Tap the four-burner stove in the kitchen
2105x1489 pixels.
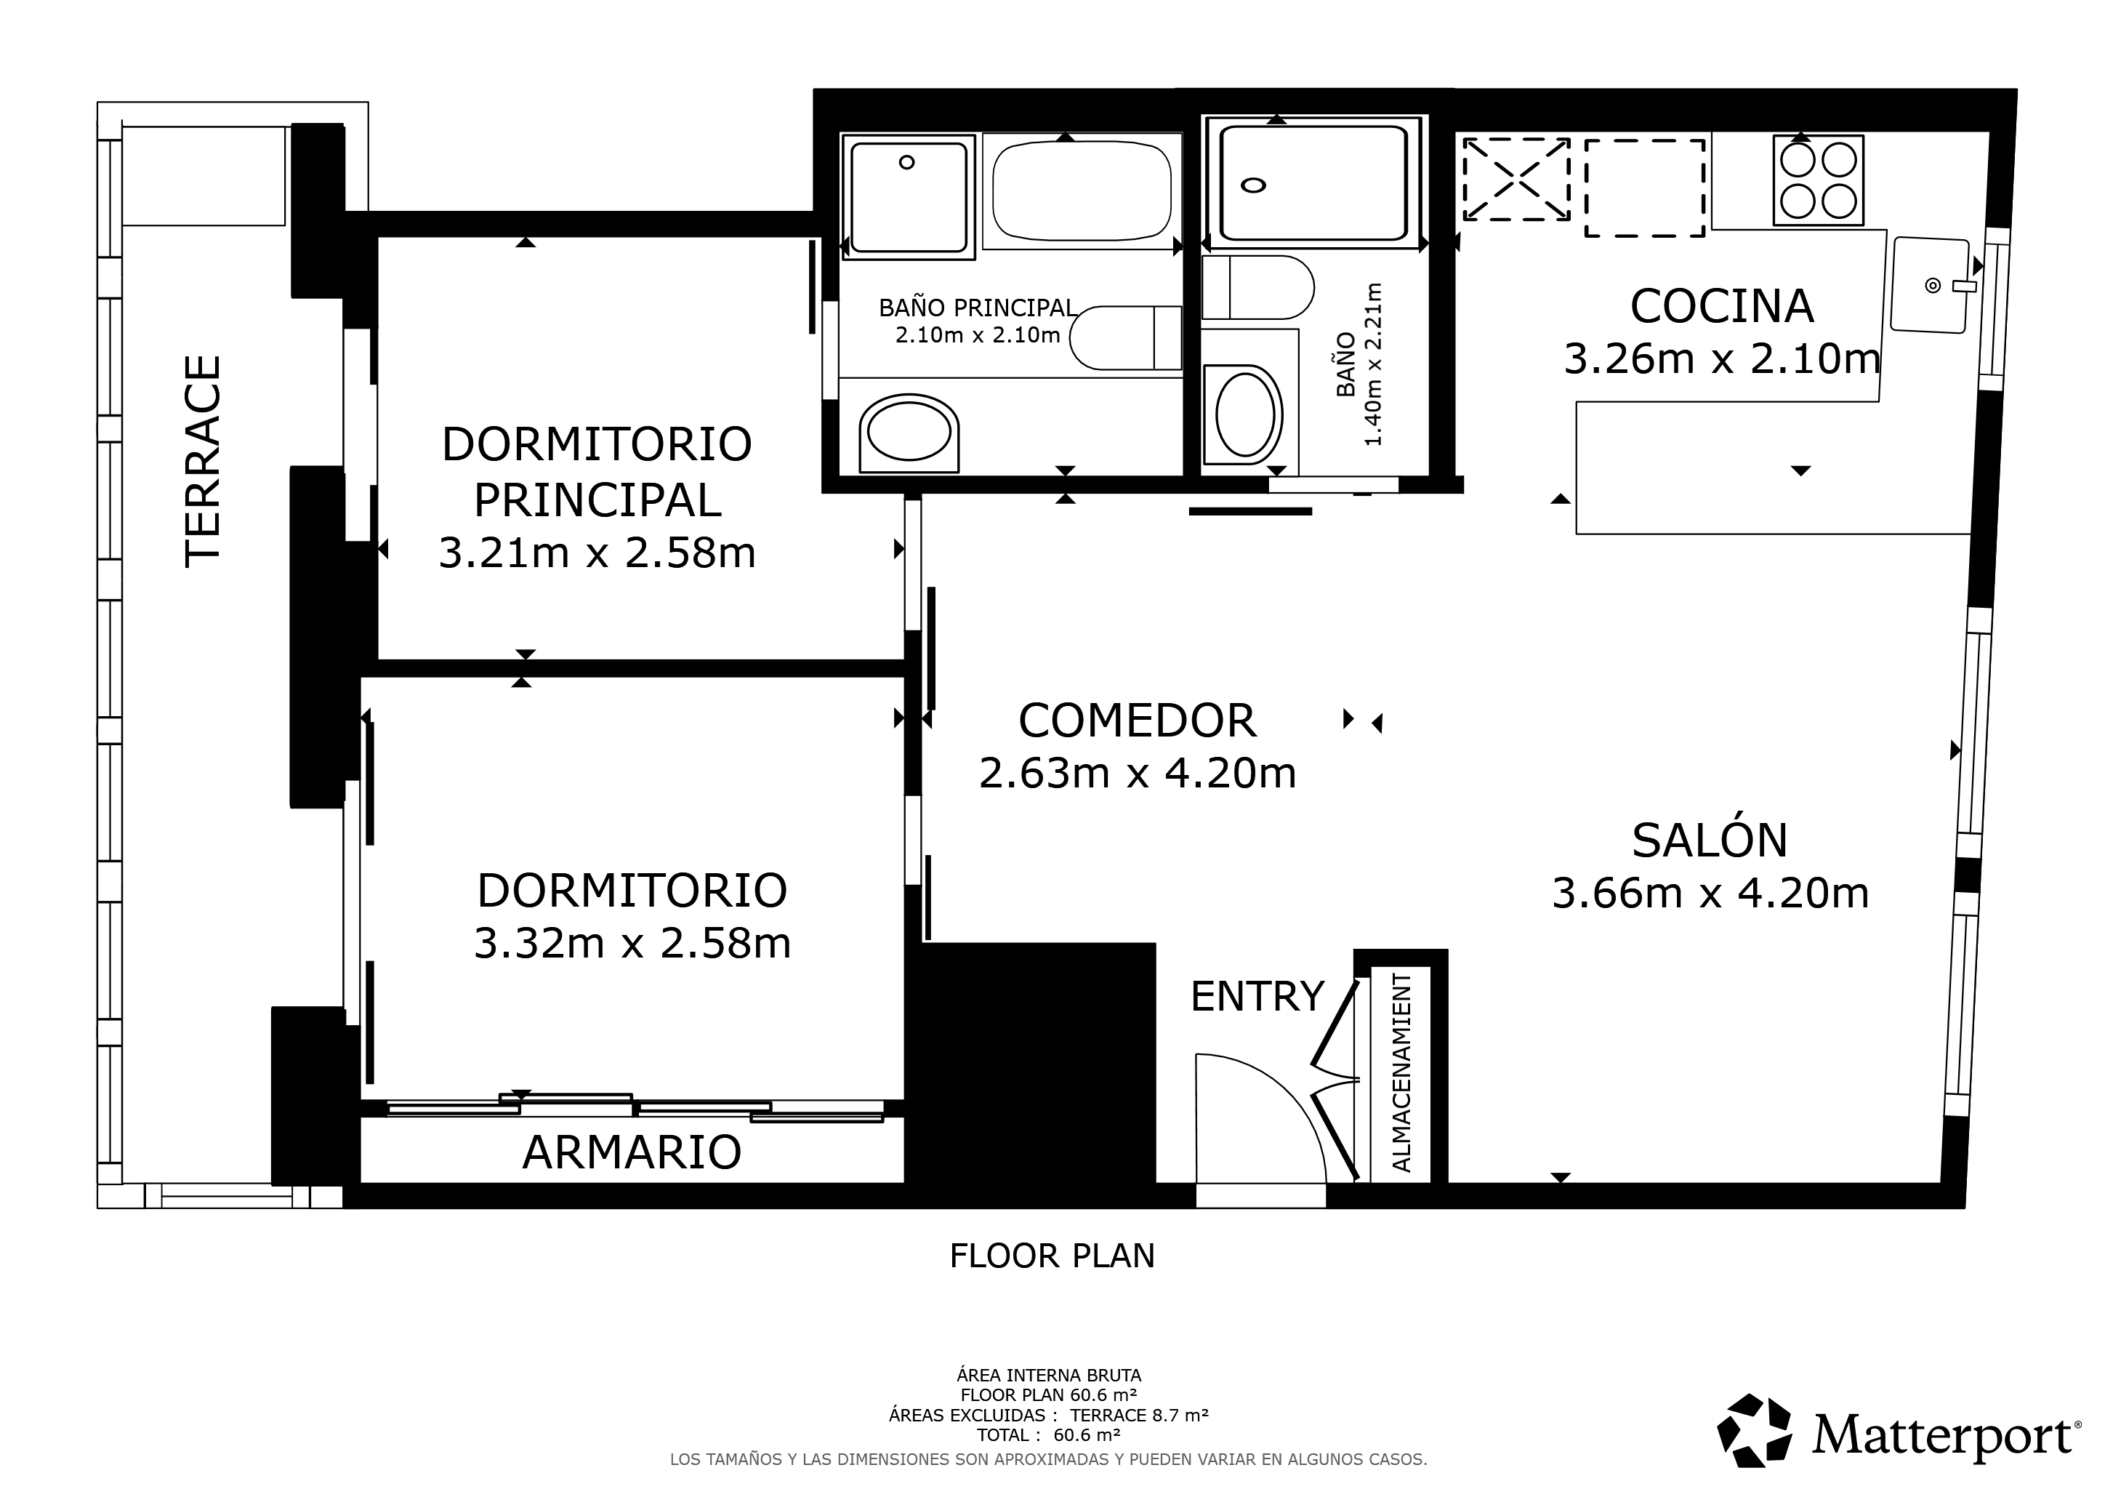(x=1818, y=180)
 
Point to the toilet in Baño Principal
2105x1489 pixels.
(x=1126, y=337)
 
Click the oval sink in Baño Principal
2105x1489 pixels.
(x=909, y=433)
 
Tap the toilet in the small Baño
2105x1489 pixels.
(x=1257, y=287)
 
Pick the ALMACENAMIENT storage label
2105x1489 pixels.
(x=1402, y=1072)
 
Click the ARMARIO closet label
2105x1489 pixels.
(x=632, y=1152)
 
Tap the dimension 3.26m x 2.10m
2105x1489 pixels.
(x=1722, y=358)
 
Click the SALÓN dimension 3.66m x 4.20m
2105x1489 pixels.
(x=1710, y=893)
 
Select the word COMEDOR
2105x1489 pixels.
(x=1137, y=721)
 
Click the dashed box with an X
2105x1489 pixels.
(x=1516, y=179)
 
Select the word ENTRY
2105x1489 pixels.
(x=1257, y=996)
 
